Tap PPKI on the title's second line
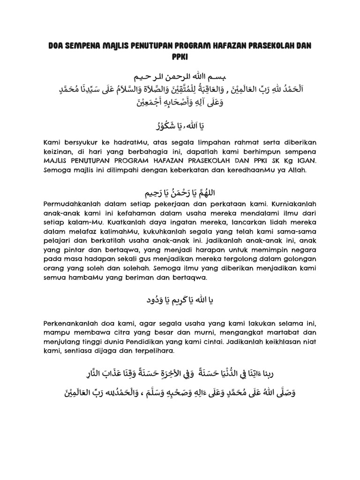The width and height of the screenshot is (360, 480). [x=180, y=57]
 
